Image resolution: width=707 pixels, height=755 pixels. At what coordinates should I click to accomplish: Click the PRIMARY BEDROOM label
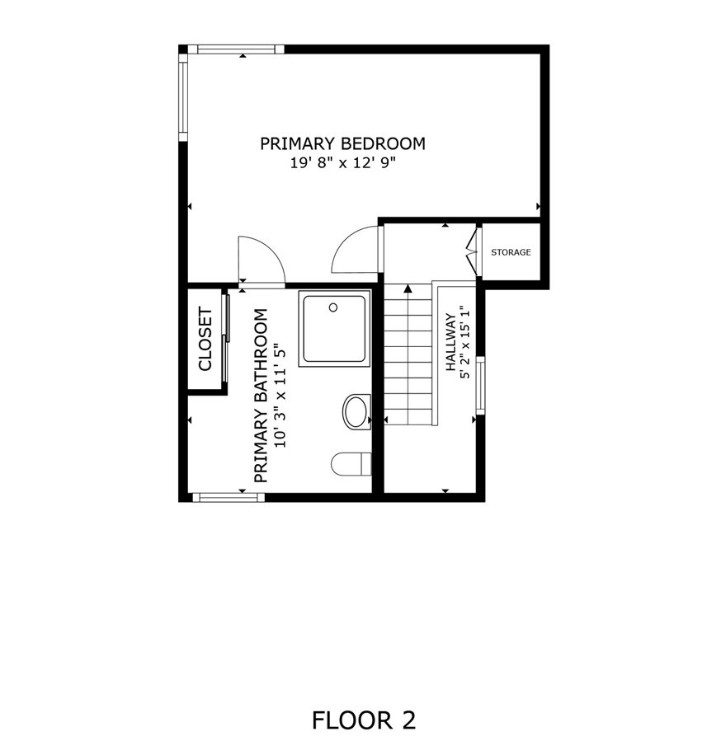342,143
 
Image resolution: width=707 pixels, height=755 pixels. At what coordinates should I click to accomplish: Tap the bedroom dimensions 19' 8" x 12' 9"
342,163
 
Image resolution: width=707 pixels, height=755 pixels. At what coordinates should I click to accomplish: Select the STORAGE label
511,252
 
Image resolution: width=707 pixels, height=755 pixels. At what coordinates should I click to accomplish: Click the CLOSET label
205,339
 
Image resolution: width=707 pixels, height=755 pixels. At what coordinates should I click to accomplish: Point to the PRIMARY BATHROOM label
261,396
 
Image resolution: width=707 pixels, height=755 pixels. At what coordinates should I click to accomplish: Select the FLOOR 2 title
363,720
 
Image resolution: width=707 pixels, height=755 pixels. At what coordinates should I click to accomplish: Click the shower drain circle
333,307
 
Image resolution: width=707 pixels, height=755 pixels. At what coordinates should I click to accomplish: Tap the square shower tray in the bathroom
334,329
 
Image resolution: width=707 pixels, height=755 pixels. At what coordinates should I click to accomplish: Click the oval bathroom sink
356,411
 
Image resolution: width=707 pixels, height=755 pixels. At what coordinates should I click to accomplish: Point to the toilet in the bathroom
350,464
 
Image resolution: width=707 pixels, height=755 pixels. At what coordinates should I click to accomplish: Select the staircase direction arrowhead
408,288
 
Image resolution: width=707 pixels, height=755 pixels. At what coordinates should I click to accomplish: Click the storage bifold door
473,252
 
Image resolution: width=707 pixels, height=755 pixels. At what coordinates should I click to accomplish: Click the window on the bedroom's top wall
236,49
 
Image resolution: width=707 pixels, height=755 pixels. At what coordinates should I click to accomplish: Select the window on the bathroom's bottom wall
229,497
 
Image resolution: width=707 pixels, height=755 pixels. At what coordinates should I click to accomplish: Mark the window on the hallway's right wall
480,384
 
